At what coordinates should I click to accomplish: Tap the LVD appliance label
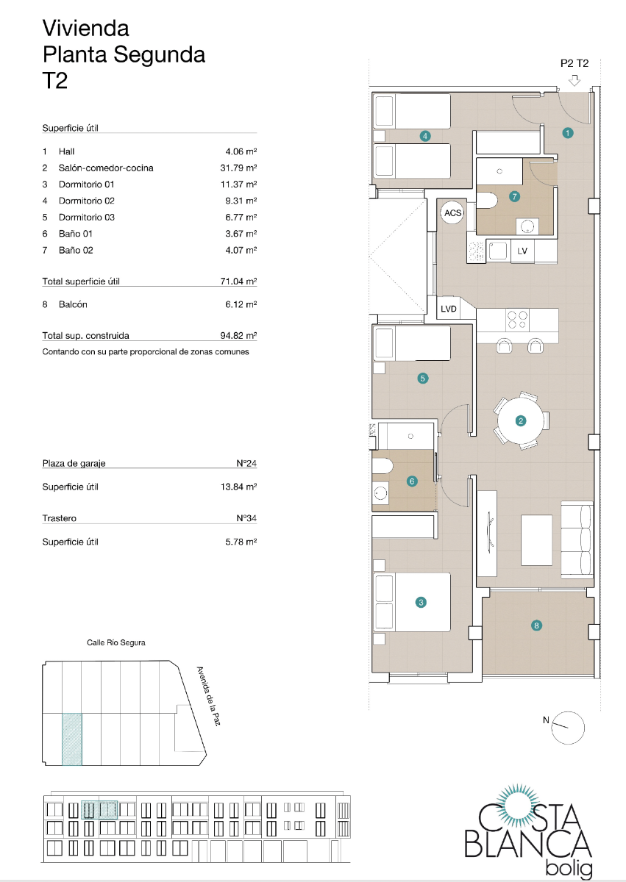[449, 309]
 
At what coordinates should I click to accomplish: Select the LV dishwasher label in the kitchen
[522, 251]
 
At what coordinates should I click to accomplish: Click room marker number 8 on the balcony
[536, 625]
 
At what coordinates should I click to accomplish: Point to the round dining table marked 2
[521, 421]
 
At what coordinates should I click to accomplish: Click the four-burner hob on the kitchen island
[517, 319]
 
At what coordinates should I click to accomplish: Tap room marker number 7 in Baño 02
[514, 196]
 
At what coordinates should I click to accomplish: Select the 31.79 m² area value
[241, 168]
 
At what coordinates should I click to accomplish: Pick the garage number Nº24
[246, 464]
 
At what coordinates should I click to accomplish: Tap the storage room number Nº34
[246, 518]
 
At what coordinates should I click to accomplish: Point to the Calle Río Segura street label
[115, 642]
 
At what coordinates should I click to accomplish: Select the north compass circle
[569, 726]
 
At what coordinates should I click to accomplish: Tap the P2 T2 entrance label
[575, 64]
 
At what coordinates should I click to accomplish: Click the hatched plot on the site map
[71, 739]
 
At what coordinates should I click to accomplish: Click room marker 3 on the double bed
[421, 603]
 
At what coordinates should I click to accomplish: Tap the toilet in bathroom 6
[383, 467]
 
